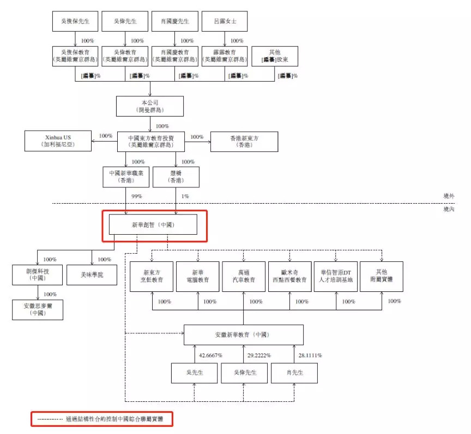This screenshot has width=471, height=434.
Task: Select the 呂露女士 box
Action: tap(224, 23)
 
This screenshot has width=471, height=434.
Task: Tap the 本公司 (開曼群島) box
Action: tap(150, 106)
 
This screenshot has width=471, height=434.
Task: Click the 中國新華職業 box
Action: tap(125, 177)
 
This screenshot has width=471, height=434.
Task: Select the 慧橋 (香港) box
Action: tap(176, 177)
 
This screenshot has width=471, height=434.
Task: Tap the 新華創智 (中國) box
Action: tap(153, 224)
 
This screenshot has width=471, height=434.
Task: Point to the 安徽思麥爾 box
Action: tap(37, 309)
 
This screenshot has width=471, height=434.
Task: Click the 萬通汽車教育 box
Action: tap(244, 276)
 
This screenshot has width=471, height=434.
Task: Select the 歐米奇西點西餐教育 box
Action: tap(289, 276)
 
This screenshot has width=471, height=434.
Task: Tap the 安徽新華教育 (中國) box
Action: tap(243, 335)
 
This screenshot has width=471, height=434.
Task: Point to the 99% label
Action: tap(136, 196)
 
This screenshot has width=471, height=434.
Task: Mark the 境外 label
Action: tap(449, 195)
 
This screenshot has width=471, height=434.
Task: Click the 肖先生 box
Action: tap(294, 373)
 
